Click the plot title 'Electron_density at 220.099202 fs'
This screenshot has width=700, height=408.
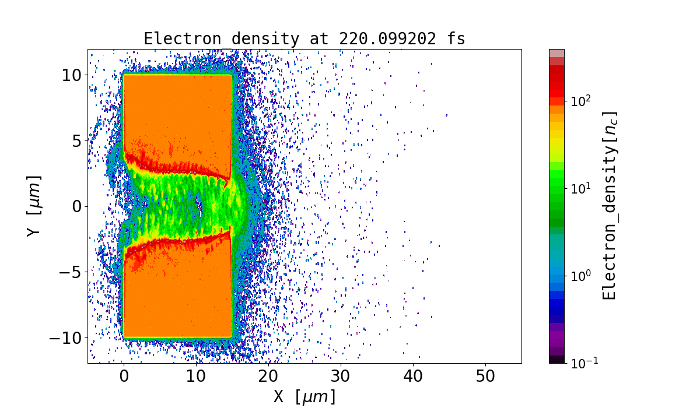304,39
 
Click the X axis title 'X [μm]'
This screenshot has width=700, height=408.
304,396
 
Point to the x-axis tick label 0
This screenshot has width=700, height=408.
124,377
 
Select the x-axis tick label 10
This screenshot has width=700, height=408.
196,377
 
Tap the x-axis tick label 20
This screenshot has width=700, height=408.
268,377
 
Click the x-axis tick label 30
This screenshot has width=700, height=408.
341,377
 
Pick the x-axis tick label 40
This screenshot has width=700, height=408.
413,377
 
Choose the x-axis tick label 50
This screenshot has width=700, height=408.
485,377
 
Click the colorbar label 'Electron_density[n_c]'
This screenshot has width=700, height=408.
610,206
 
